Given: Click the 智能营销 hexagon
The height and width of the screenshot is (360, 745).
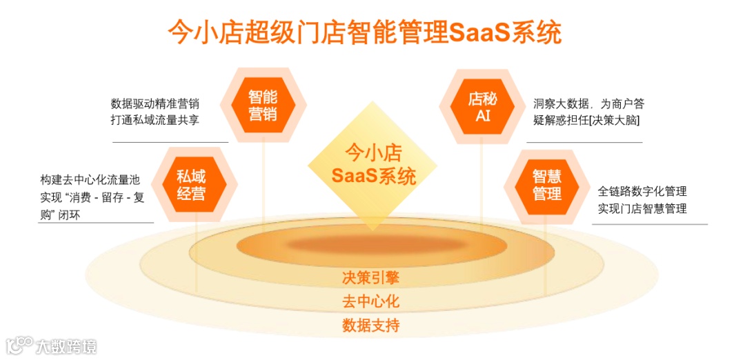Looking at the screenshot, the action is pyautogui.click(x=263, y=105).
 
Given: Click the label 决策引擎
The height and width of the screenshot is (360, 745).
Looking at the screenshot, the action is pyautogui.click(x=371, y=278).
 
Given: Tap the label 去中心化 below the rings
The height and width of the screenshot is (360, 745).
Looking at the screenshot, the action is pyautogui.click(x=371, y=301).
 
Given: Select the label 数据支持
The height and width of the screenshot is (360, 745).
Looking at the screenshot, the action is pyautogui.click(x=371, y=325).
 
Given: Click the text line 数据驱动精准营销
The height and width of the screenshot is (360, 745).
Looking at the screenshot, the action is pyautogui.click(x=155, y=104).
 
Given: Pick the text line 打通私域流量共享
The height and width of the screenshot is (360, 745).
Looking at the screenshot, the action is pyautogui.click(x=155, y=121).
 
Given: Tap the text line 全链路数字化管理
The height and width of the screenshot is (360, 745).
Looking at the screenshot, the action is pyautogui.click(x=642, y=191).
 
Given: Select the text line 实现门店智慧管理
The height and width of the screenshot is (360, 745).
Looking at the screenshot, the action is pyautogui.click(x=642, y=208).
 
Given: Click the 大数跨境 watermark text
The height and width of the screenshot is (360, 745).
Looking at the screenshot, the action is pyautogui.click(x=66, y=346).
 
